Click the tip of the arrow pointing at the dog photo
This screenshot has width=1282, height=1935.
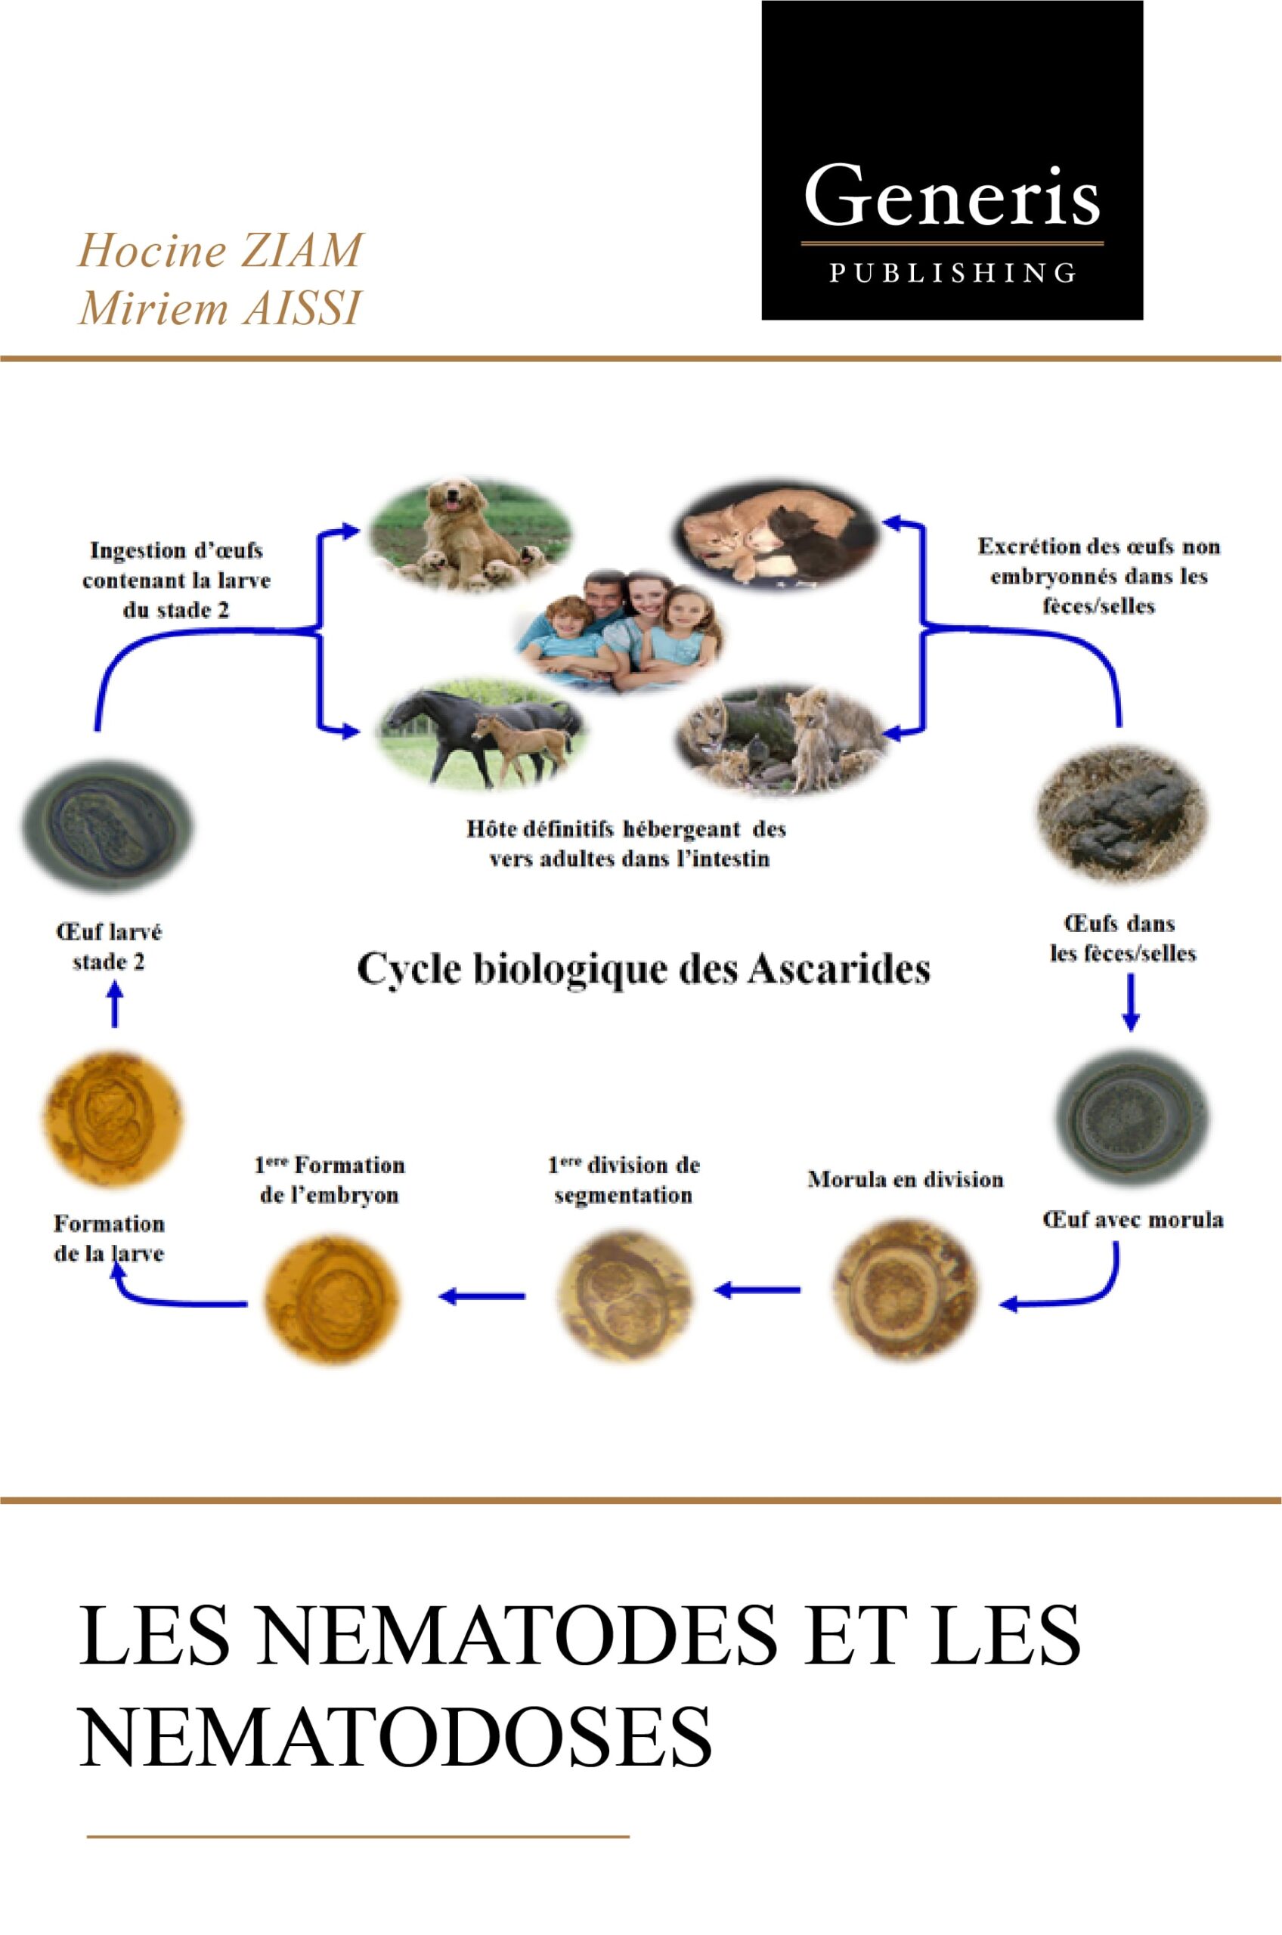point(360,531)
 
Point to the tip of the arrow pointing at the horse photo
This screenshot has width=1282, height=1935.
point(360,732)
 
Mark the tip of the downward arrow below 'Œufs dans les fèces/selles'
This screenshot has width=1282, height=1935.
point(1131,1031)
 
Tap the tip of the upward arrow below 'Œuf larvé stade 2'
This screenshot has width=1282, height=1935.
point(116,981)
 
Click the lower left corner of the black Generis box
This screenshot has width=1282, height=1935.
point(762,320)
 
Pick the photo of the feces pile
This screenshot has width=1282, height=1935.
point(1123,813)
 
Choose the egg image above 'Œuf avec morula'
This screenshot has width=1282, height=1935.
point(1132,1116)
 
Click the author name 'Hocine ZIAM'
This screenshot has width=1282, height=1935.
point(220,250)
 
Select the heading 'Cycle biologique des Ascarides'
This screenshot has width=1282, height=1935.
point(643,971)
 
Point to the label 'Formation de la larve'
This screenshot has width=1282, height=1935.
point(109,1239)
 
